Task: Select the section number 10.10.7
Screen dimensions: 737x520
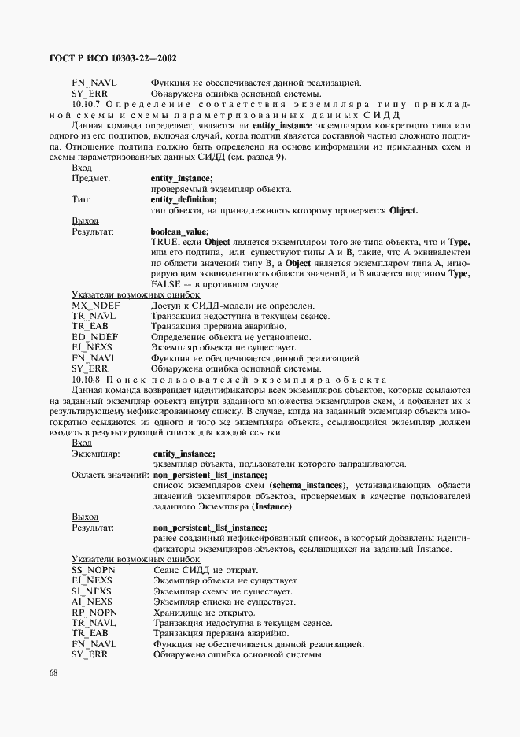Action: click(x=86, y=104)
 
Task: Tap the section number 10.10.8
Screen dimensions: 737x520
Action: click(x=86, y=379)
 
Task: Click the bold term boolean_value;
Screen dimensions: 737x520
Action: click(x=180, y=231)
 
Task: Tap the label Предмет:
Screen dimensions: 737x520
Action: click(x=91, y=179)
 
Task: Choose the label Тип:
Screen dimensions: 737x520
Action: click(x=82, y=199)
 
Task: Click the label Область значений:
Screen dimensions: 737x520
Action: click(x=110, y=475)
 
